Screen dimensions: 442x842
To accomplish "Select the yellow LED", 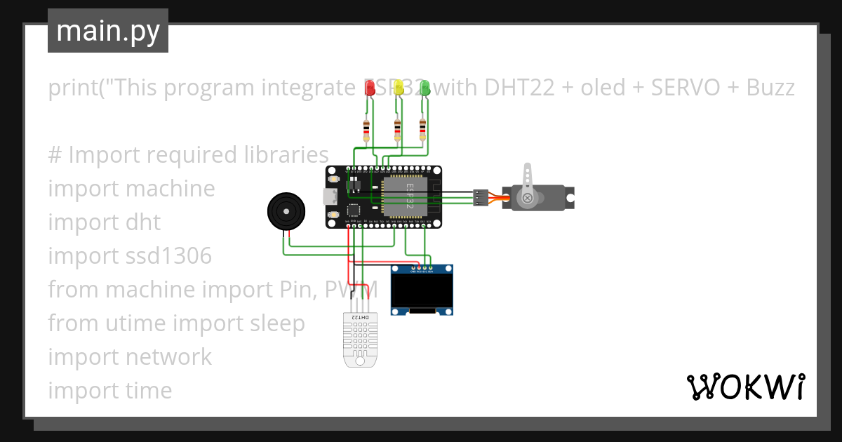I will click(399, 87).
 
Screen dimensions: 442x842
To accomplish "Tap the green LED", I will click(425, 87).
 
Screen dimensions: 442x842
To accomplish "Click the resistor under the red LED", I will click(366, 130).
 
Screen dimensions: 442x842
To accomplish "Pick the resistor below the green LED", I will click(422, 130).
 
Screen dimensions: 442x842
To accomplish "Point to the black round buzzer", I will click(286, 210).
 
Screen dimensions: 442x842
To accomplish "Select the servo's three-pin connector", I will click(481, 197).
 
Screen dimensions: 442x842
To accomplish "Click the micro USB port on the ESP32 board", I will click(330, 196).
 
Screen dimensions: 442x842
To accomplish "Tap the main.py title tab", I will click(108, 31).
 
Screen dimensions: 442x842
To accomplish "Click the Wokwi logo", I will click(745, 387).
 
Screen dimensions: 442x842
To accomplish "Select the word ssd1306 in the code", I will click(170, 256).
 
